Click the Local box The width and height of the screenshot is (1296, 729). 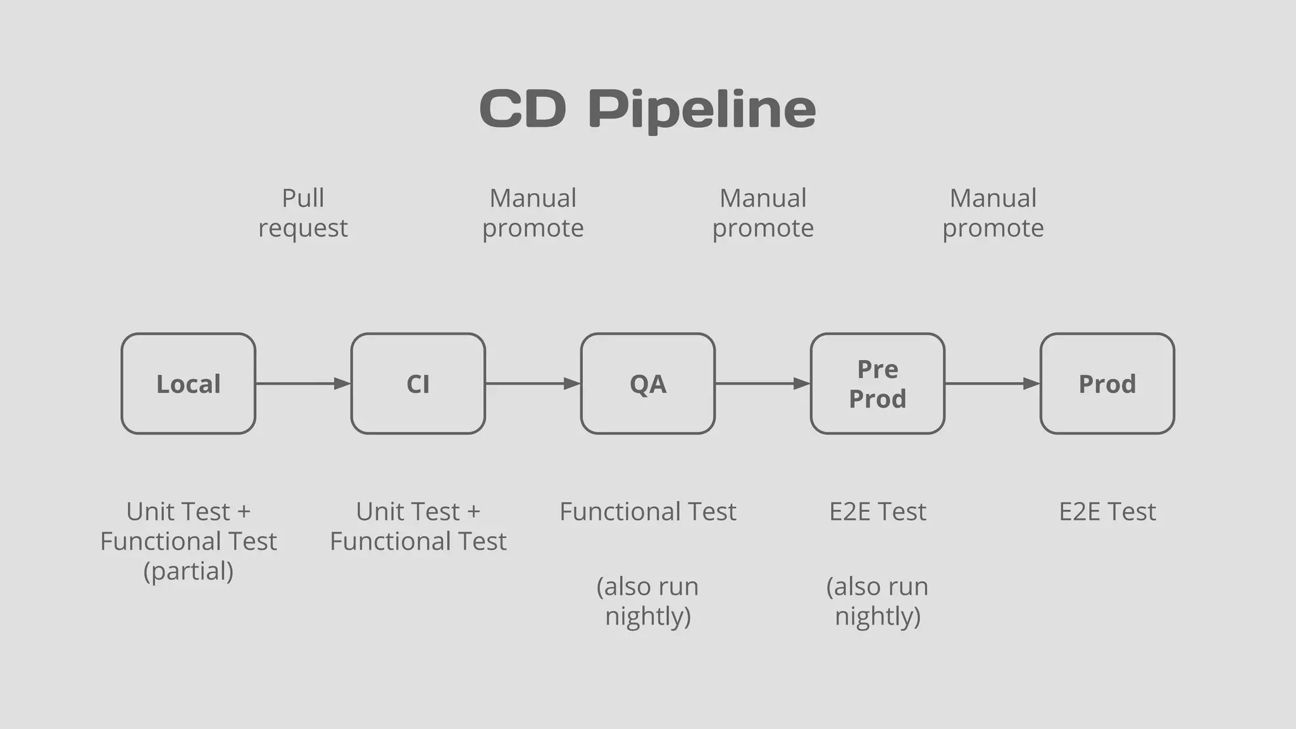coord(189,383)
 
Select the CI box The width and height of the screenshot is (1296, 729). coord(418,383)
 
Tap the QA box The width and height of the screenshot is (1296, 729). coord(648,383)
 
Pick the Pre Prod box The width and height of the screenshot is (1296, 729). coord(878,383)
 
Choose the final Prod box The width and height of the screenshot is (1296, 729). coord(1107,383)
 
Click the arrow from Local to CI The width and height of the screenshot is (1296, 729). coord(303,383)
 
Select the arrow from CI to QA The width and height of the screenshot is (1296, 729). coord(533,383)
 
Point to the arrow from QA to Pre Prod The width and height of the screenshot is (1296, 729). coord(763,383)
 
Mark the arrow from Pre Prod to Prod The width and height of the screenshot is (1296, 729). coord(992,383)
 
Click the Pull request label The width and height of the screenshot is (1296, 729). coord(303,213)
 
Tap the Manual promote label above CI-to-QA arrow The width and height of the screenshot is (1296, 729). coord(533,213)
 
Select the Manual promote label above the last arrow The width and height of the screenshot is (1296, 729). coord(993,213)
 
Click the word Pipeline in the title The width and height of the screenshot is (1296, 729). coord(702,109)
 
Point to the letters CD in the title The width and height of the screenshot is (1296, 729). coord(523,109)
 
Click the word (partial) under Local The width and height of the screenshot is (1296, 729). coord(189,571)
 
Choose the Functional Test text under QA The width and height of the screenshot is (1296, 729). coord(648,511)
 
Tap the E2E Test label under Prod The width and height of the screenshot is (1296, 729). coord(1107,511)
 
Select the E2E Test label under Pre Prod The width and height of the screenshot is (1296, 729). coord(878,511)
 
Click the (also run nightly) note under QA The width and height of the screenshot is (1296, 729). coord(648,601)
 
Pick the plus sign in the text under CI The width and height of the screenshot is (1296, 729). coord(473,511)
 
